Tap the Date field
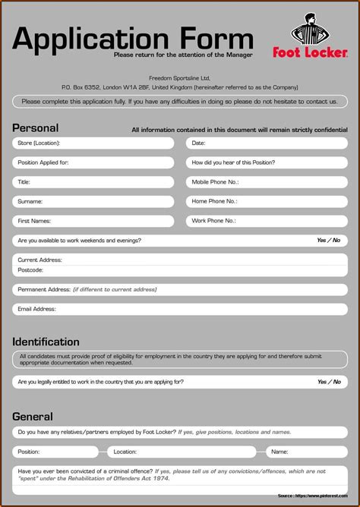coord(267,143)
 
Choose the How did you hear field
coord(267,162)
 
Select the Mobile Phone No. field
coord(267,182)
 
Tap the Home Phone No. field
coord(267,202)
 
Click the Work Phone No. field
coord(267,221)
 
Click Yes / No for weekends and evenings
coord(328,241)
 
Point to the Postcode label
coord(30,270)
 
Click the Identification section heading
coord(46,342)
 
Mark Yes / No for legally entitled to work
coord(328,382)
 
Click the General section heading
coord(33,416)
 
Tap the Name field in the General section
coord(307,452)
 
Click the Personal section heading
coord(35,128)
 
